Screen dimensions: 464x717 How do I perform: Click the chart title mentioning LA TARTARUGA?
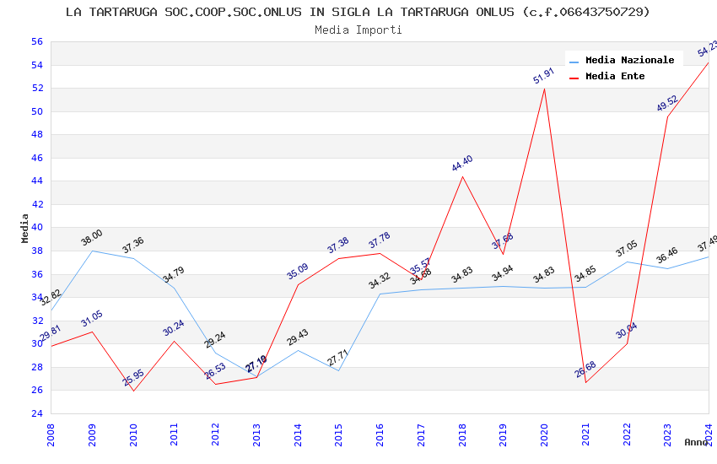[358, 12]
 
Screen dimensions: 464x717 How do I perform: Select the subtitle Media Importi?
[358, 30]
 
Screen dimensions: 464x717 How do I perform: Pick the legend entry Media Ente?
[615, 77]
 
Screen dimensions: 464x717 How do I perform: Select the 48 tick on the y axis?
[36, 134]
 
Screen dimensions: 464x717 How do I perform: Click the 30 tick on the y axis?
[36, 343]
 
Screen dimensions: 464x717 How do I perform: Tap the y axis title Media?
[25, 228]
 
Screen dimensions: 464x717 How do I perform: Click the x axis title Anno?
[696, 442]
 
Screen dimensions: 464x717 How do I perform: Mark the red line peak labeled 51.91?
[544, 89]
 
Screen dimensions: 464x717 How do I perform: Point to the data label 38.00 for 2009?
[92, 238]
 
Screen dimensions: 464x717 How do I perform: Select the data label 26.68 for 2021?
[585, 370]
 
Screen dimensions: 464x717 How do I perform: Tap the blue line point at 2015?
[338, 370]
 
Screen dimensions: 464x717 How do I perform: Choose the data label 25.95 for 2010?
[133, 378]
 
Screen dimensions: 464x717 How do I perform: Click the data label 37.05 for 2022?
[627, 249]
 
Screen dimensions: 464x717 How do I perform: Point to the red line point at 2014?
[298, 284]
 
